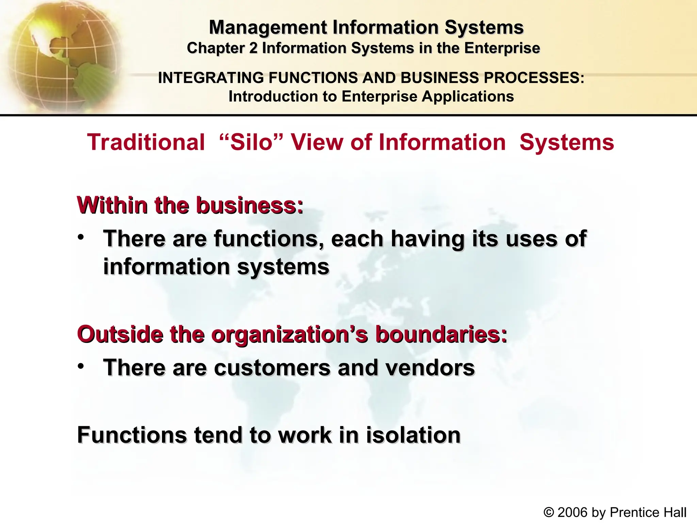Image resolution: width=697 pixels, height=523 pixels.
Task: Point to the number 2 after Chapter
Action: tap(253, 48)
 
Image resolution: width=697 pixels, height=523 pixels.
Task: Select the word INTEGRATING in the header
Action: tap(211, 78)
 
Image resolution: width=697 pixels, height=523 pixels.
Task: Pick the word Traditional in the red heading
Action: tap(146, 142)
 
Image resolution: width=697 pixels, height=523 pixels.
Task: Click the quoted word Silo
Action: tap(252, 142)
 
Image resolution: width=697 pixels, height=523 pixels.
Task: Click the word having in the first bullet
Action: tap(427, 239)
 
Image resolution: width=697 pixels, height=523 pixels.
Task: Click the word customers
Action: tap(272, 368)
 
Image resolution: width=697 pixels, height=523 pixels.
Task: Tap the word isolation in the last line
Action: tap(413, 435)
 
